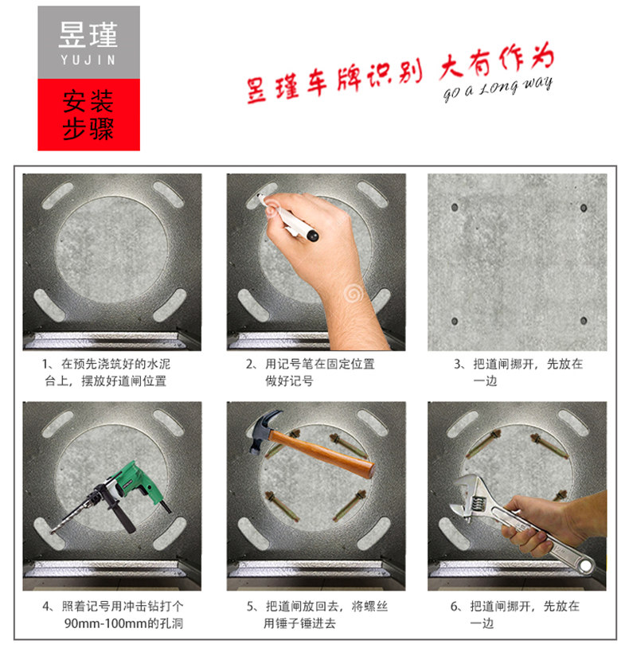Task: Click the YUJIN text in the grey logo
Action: tap(88, 61)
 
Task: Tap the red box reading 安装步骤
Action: tap(89, 115)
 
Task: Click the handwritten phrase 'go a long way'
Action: tap(498, 88)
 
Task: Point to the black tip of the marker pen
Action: tap(312, 236)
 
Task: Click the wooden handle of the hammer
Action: tap(322, 454)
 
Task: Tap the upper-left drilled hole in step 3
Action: tap(455, 207)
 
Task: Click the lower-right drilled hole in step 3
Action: tap(584, 321)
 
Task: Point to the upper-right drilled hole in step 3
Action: tap(584, 208)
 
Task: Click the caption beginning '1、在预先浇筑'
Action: tap(106, 373)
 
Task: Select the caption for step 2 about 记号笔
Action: tap(310, 373)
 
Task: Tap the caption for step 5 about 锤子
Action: tap(318, 615)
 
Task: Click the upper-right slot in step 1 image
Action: tap(168, 194)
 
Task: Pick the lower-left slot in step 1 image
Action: tap(49, 305)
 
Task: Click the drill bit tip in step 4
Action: tap(53, 532)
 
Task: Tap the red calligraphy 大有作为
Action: tap(496, 60)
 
